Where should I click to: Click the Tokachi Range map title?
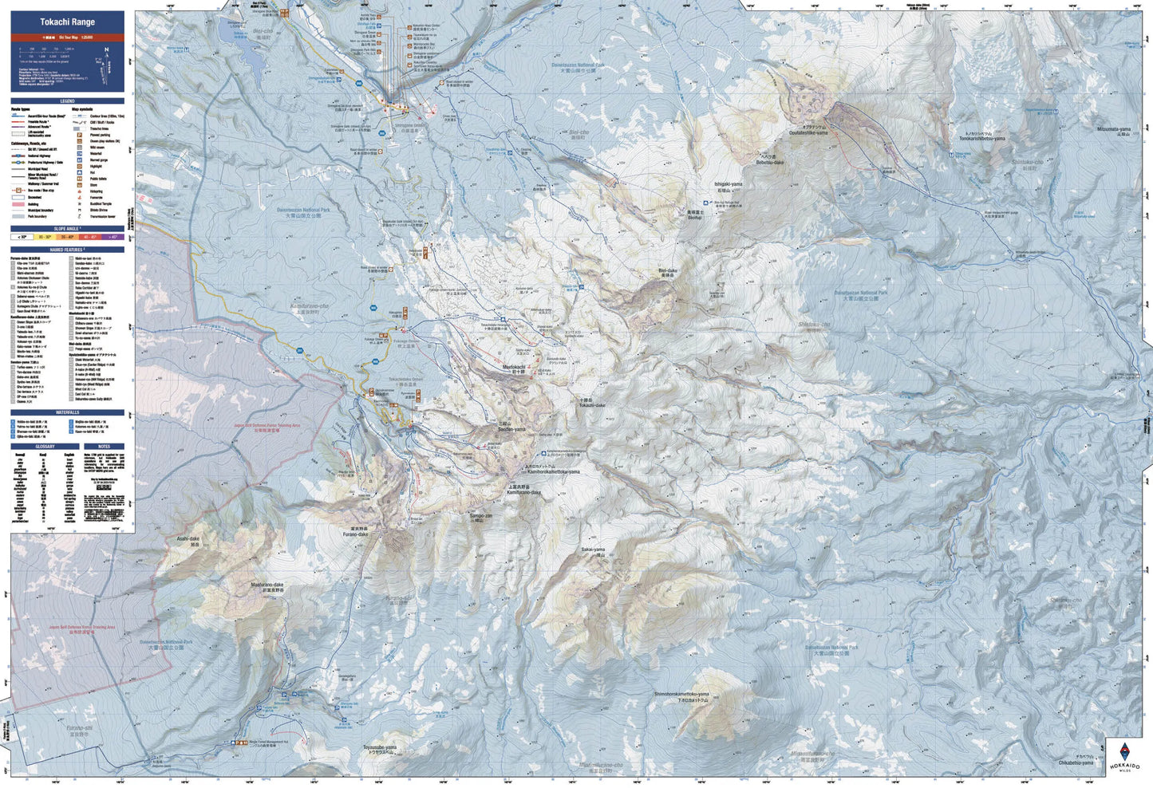[x=67, y=22]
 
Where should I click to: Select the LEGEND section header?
[x=67, y=101]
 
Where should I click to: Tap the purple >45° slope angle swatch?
[x=113, y=237]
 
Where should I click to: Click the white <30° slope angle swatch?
[x=22, y=237]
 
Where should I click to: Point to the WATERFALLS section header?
[x=67, y=412]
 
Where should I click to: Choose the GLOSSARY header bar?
[x=45, y=447]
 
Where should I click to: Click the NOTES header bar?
[x=105, y=447]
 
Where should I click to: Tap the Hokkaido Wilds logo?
[x=1124, y=756]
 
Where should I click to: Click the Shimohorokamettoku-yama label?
[x=681, y=694]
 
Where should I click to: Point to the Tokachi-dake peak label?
[x=592, y=404]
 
